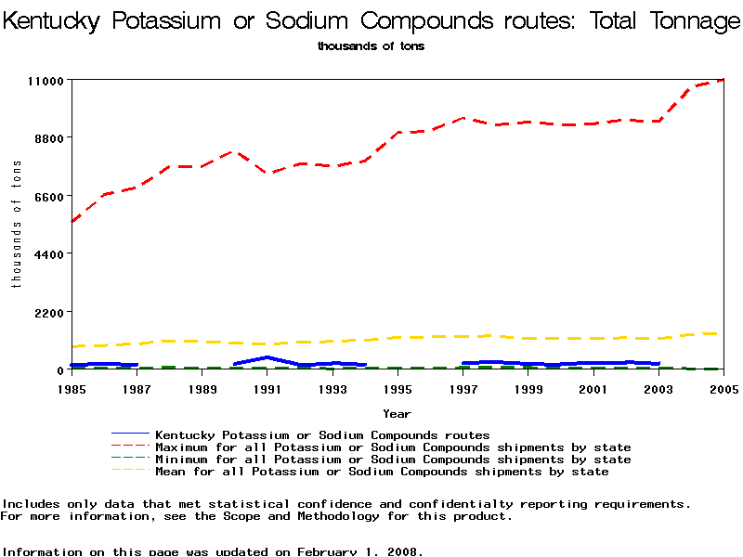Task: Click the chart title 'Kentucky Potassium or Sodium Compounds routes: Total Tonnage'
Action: [x=371, y=21]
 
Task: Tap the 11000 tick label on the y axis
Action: [x=45, y=81]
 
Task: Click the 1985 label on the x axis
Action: [x=72, y=389]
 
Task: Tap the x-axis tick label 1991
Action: [x=267, y=389]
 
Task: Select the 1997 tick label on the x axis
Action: [x=463, y=389]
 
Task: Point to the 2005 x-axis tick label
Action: [x=723, y=389]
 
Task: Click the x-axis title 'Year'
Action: [x=398, y=414]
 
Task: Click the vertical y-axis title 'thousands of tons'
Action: [x=17, y=224]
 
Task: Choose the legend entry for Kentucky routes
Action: [x=322, y=434]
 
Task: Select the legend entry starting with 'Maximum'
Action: [x=393, y=447]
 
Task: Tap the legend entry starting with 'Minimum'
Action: [x=393, y=460]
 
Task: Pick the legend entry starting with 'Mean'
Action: [x=382, y=472]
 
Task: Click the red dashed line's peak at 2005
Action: [x=722, y=81]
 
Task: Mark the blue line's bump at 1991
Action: [x=267, y=357]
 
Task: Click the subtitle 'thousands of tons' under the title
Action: [x=371, y=46]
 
